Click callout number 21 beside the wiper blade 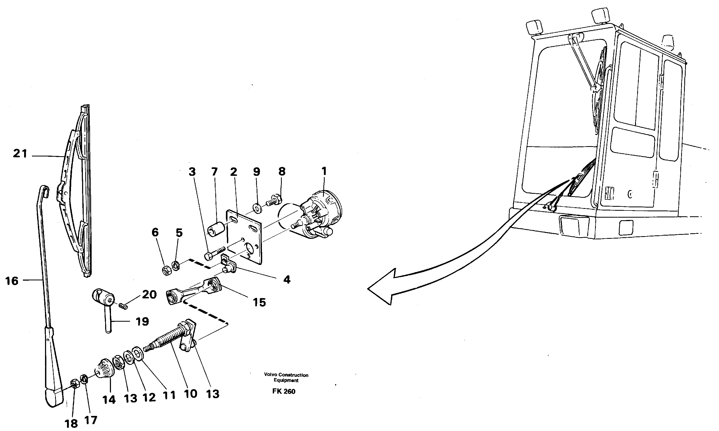pyautogui.click(x=20, y=153)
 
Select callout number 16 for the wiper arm pyautogui.click(x=12, y=281)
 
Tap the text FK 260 pyautogui.click(x=284, y=392)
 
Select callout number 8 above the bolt pyautogui.click(x=282, y=171)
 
